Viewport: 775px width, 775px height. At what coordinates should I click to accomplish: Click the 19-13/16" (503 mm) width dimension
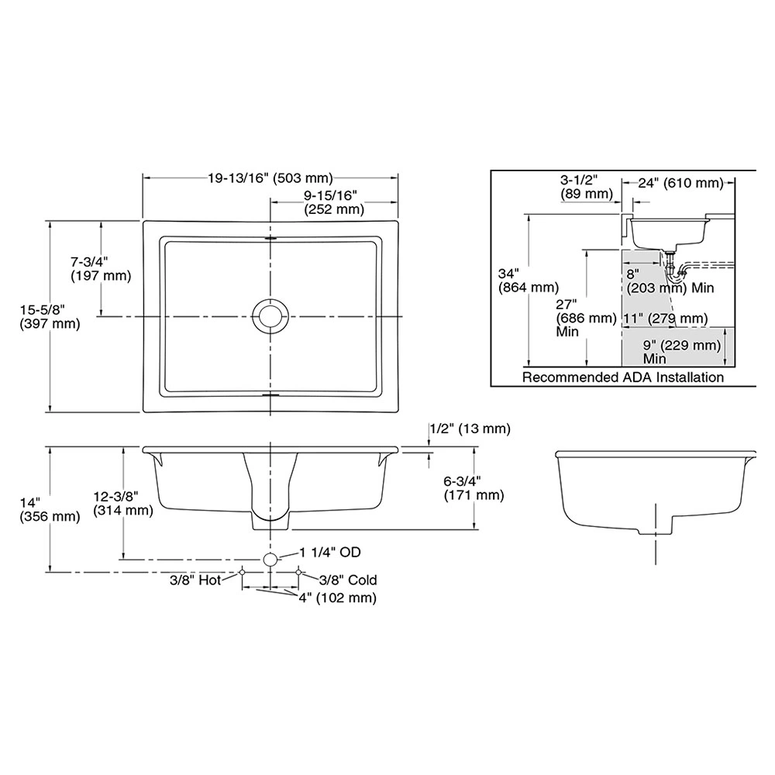pyautogui.click(x=270, y=178)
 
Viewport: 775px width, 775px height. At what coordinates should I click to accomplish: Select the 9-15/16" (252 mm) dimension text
pyautogui.click(x=333, y=202)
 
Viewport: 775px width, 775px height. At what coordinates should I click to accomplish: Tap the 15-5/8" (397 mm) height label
pyautogui.click(x=50, y=317)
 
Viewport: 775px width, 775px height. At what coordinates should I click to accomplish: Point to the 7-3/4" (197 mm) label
pyautogui.click(x=101, y=268)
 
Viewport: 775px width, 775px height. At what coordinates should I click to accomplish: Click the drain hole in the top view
pyautogui.click(x=270, y=316)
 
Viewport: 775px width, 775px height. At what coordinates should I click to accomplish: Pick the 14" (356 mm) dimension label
pyautogui.click(x=50, y=510)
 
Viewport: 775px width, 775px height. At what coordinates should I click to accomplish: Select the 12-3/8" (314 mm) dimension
pyautogui.click(x=123, y=503)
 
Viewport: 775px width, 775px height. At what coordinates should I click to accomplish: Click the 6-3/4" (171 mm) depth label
pyautogui.click(x=474, y=487)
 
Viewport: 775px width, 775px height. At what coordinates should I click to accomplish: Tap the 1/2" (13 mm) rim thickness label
pyautogui.click(x=470, y=429)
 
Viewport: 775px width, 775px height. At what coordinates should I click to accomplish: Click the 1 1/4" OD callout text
pyautogui.click(x=329, y=552)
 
